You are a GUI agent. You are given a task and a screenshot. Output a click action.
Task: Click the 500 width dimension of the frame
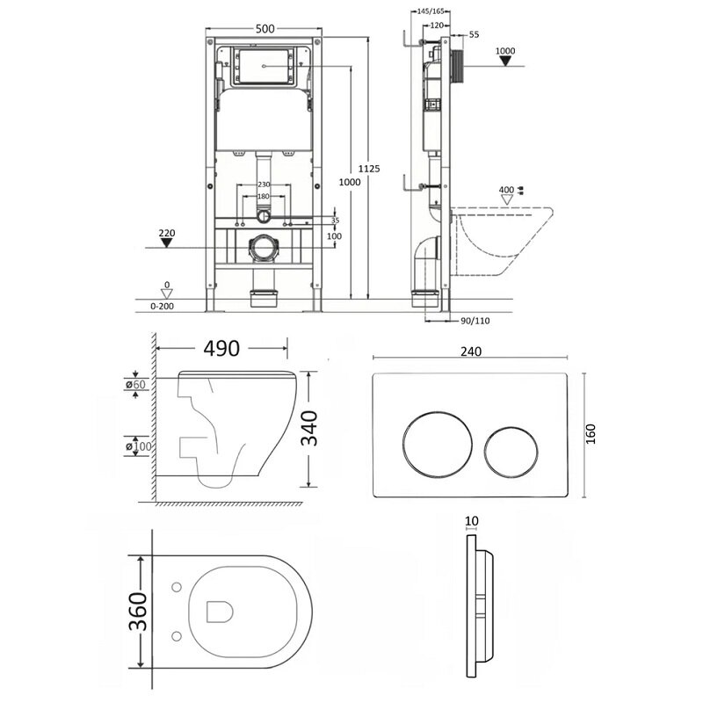(x=265, y=29)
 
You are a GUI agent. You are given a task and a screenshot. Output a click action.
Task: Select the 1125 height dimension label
(x=369, y=169)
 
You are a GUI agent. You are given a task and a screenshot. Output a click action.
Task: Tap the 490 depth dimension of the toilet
(x=221, y=348)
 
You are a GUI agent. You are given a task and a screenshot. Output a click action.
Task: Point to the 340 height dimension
(x=309, y=429)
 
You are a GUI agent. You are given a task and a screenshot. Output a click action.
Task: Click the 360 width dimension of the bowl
(x=138, y=612)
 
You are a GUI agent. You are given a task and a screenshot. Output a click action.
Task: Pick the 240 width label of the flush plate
(x=471, y=351)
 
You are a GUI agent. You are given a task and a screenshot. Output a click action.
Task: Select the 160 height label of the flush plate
(x=591, y=434)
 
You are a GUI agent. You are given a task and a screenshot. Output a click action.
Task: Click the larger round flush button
(x=437, y=444)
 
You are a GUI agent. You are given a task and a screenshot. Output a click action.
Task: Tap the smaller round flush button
(x=511, y=452)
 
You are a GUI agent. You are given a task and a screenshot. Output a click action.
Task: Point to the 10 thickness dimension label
(x=472, y=521)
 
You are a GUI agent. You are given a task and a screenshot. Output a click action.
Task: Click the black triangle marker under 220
(x=167, y=243)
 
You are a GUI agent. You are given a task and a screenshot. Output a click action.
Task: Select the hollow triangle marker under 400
(x=507, y=199)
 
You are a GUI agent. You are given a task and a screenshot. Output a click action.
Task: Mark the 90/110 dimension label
(x=475, y=321)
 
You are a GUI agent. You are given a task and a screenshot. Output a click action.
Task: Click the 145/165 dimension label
(x=431, y=11)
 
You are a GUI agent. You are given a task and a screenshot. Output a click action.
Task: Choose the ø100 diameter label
(x=139, y=446)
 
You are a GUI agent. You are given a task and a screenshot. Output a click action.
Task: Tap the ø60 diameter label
(x=135, y=385)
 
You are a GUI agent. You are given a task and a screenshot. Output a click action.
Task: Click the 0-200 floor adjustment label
(x=162, y=306)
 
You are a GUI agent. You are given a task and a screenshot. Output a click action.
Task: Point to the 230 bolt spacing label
(x=264, y=185)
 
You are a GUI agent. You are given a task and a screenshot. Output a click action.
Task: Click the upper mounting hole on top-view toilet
(x=177, y=587)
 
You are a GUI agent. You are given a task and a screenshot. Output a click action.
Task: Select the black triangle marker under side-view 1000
(x=505, y=61)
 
